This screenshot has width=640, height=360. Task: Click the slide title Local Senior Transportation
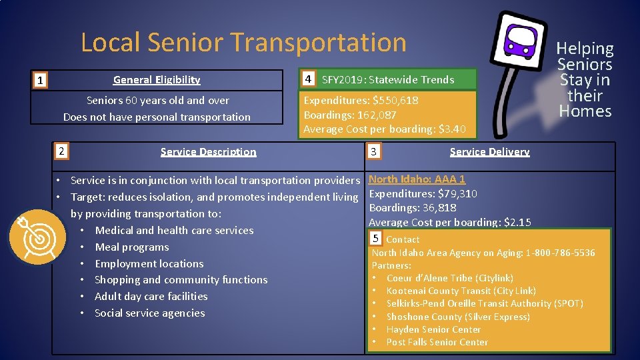coord(243,43)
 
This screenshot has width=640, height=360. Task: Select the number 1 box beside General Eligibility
coord(41,81)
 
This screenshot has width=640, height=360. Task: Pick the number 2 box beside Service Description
coord(61,151)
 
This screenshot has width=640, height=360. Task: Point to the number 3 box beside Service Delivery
coord(374,152)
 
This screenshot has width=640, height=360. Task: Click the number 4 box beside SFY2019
coord(307,79)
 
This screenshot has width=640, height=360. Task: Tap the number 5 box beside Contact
coord(375,239)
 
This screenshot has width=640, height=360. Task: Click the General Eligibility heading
coord(157,80)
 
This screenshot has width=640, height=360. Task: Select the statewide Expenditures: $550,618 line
coord(361,101)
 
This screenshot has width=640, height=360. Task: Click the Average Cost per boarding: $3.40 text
coord(385,129)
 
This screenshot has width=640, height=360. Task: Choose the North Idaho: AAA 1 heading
coord(417,179)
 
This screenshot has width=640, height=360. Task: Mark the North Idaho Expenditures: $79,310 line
coord(423,194)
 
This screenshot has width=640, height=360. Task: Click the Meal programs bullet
coord(132,247)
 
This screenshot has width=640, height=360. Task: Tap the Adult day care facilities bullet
coord(151,297)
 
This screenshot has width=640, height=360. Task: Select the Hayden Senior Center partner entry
coord(433,329)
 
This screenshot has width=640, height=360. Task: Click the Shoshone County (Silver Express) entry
coord(458,317)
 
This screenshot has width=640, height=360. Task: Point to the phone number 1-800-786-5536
coord(560,253)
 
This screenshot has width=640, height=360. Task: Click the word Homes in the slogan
coord(585,111)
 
